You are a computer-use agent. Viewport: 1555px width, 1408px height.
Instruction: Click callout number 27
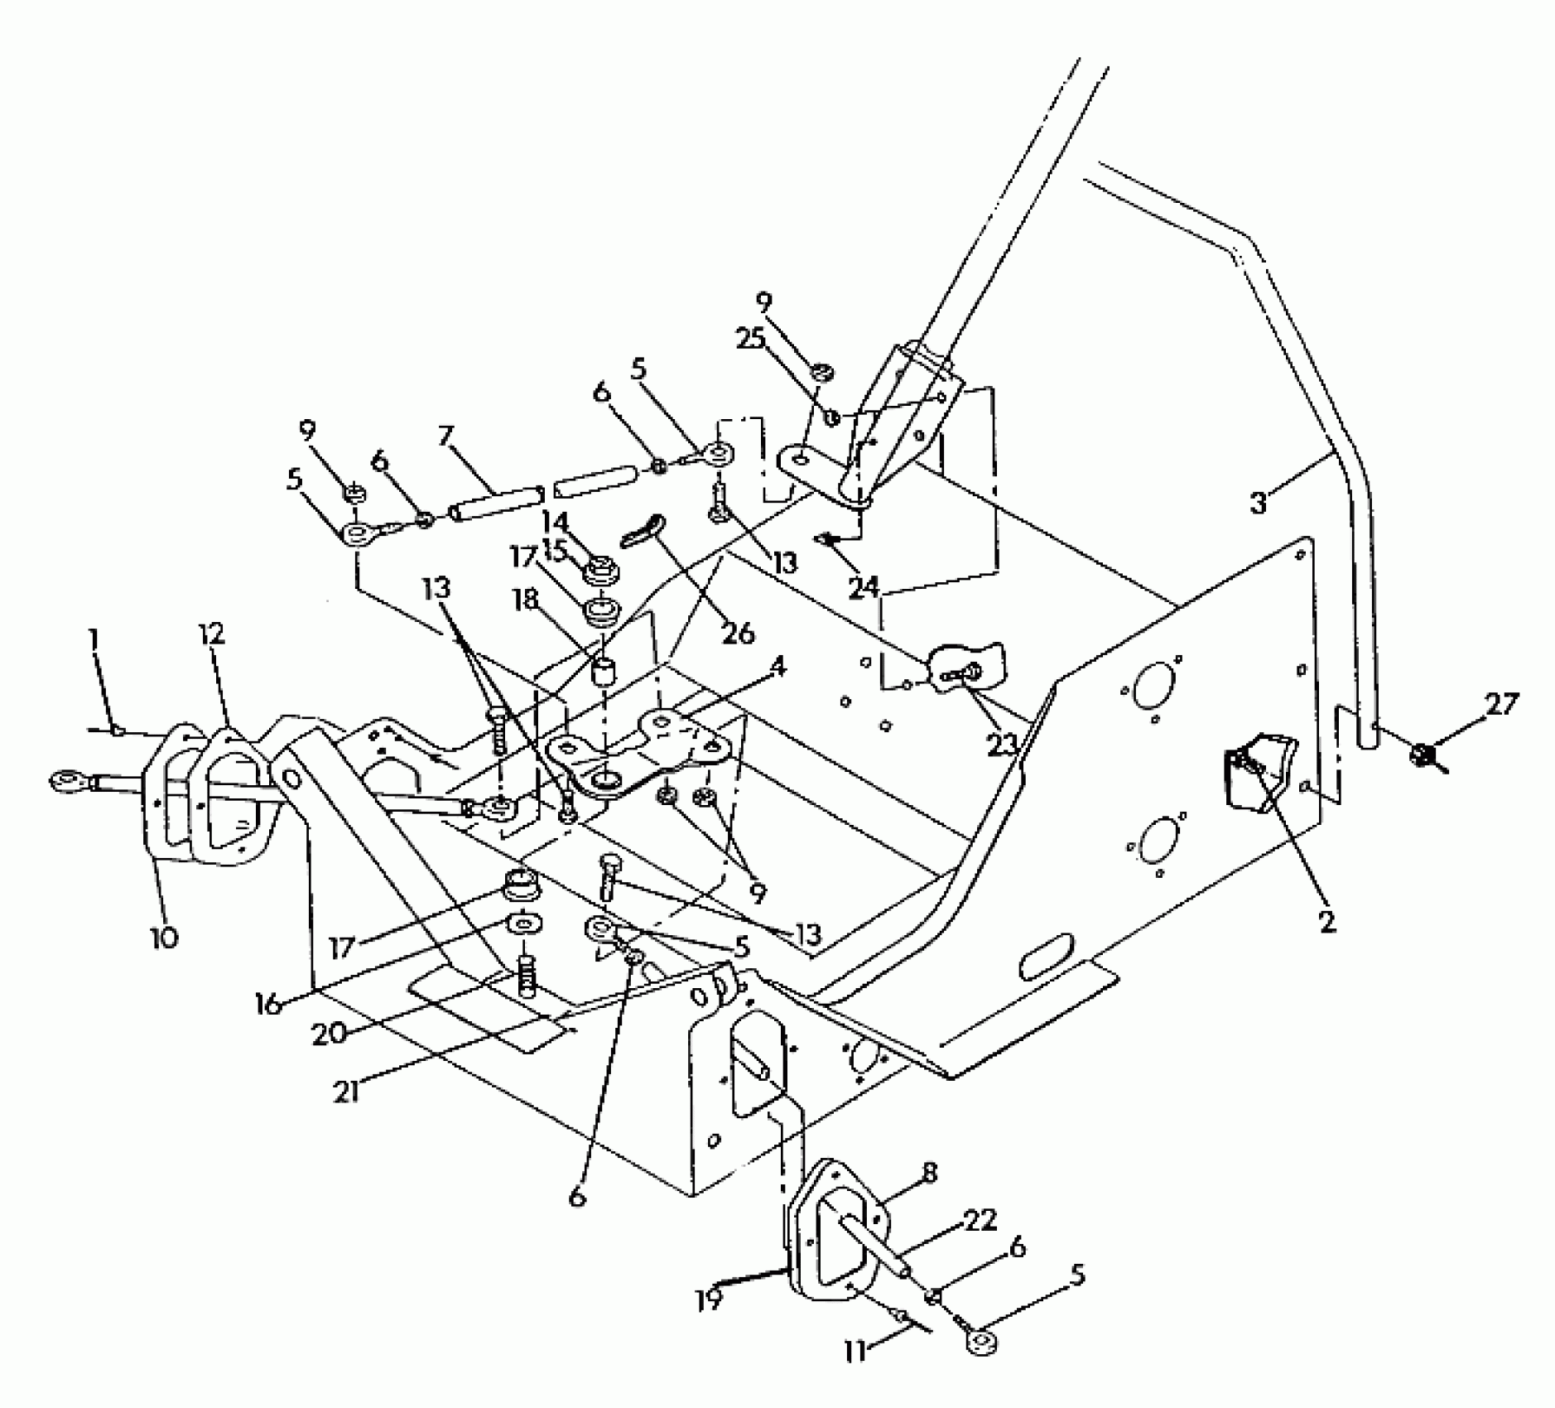pyautogui.click(x=1501, y=706)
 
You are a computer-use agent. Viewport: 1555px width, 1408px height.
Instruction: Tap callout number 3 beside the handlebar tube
pyautogui.click(x=1259, y=503)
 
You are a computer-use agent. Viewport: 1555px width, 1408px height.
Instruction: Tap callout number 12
pyautogui.click(x=212, y=635)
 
